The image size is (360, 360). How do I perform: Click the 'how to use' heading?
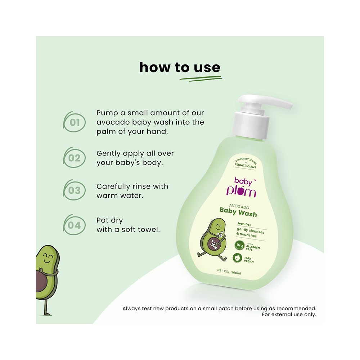point(180,68)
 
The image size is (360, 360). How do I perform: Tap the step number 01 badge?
point(75,122)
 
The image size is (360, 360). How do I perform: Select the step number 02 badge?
point(75,158)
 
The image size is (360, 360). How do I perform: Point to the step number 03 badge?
point(75,191)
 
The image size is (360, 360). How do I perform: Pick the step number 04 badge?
point(75,225)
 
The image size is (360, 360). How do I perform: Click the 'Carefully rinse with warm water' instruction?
point(132,191)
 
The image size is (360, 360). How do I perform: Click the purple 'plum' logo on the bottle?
point(241,191)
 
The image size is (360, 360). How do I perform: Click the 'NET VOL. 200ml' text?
point(229,273)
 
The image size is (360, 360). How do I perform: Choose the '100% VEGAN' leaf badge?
point(238,258)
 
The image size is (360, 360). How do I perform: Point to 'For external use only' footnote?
point(289,314)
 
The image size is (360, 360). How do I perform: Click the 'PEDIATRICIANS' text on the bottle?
point(245,167)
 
